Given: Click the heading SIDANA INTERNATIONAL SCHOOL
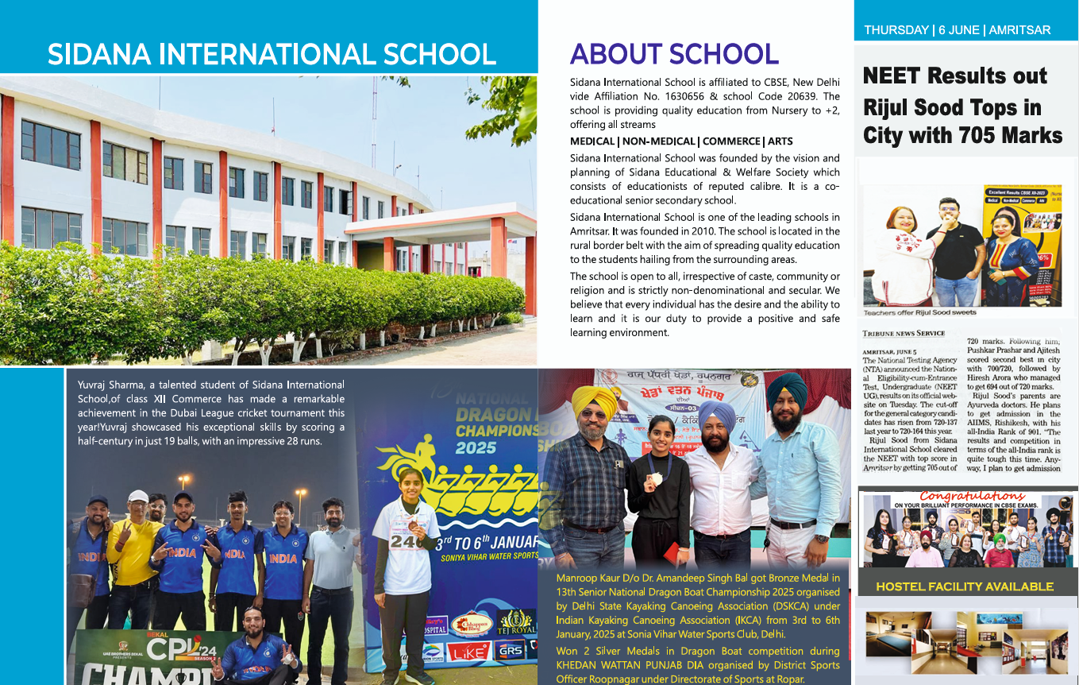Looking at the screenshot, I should [x=272, y=55].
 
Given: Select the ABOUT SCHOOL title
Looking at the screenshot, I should [x=673, y=54].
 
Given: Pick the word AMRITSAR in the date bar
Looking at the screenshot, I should [x=1021, y=30].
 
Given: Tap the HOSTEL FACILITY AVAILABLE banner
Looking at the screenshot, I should [x=964, y=586].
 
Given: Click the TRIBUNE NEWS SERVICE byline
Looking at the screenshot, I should [x=904, y=334].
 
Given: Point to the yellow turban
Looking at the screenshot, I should [x=595, y=400].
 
